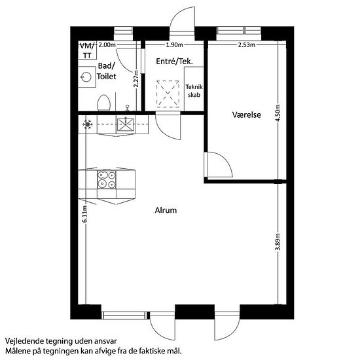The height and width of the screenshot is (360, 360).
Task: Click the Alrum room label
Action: (x=166, y=210)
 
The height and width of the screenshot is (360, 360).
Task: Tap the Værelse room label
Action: (x=247, y=115)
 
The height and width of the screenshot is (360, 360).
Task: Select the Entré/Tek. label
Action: (x=175, y=62)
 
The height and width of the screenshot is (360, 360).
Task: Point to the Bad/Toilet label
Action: (x=106, y=71)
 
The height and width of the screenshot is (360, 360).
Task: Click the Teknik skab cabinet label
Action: (x=194, y=91)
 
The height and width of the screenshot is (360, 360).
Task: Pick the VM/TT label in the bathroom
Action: (x=87, y=50)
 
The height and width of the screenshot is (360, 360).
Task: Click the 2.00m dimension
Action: (x=107, y=45)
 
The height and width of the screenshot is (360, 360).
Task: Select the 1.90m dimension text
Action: (x=175, y=45)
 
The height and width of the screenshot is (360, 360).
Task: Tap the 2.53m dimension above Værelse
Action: (x=247, y=45)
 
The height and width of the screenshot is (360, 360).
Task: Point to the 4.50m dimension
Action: (x=278, y=113)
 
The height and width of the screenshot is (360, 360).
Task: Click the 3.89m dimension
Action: (x=278, y=242)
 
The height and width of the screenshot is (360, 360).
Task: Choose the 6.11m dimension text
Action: (x=84, y=214)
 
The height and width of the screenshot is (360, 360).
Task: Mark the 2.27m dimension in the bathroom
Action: (x=136, y=79)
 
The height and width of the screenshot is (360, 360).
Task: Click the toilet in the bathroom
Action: (x=104, y=103)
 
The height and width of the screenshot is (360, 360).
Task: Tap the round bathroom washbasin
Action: (x=86, y=77)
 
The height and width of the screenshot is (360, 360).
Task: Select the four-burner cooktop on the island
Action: (x=107, y=180)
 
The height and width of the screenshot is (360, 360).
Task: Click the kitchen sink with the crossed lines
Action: (x=126, y=124)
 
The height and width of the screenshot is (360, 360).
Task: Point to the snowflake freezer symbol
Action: (x=88, y=124)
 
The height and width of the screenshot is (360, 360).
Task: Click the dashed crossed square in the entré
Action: (x=168, y=94)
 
